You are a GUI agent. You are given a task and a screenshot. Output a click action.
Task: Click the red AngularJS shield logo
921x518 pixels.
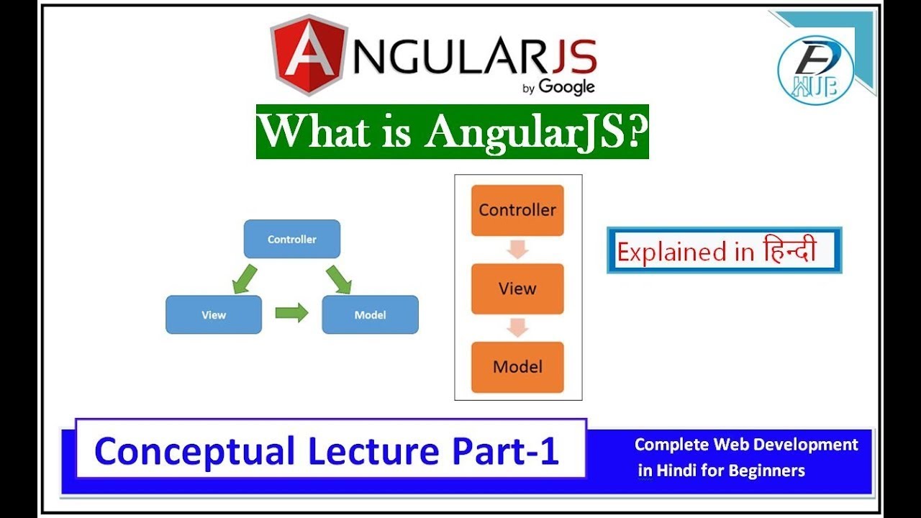coord(308,55)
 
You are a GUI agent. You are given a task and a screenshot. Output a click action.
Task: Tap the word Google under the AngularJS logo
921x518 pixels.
coord(566,86)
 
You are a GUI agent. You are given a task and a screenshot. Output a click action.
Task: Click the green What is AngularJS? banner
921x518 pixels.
coord(452,132)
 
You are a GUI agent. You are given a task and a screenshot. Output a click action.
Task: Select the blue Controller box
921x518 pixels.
coord(291,239)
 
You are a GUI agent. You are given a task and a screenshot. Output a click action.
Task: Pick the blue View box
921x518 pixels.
coord(214,314)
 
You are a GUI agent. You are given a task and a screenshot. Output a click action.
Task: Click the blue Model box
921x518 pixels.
coord(370,314)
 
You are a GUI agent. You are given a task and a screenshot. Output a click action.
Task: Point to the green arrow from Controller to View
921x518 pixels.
coord(245,278)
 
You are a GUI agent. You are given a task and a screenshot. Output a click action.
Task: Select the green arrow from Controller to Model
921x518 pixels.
coord(338,278)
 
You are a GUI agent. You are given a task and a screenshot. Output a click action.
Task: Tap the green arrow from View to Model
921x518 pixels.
coord(291,312)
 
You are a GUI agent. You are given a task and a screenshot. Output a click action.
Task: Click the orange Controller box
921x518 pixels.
coord(517,210)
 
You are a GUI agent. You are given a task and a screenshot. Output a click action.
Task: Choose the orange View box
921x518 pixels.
coord(517,288)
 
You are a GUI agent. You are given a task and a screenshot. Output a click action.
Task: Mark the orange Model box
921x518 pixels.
coord(517,367)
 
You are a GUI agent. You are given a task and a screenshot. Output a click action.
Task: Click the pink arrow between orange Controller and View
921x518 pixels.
coord(517,250)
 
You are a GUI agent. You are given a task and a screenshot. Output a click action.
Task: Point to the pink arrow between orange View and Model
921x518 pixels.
coord(517,328)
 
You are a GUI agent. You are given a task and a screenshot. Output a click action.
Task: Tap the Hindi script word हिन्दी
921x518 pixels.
coord(789,250)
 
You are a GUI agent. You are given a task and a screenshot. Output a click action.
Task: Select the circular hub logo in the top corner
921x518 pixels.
coord(815,69)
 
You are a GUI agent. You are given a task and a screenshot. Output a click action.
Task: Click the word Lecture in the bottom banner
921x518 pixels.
coord(373,451)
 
